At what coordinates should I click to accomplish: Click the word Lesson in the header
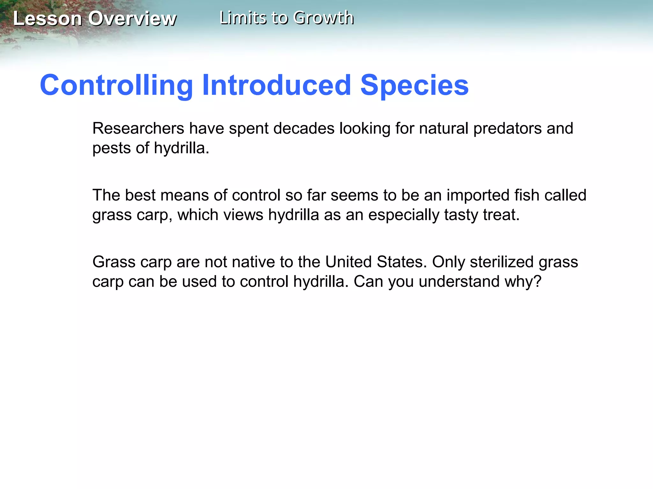tap(48, 18)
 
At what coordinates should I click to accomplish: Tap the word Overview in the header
tap(132, 18)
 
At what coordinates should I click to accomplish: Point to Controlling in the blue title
tap(116, 85)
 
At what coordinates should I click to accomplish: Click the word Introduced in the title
tap(277, 85)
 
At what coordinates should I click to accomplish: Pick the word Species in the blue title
tap(415, 85)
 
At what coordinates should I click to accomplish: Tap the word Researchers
tap(138, 129)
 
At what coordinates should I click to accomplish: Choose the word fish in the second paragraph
tap(527, 195)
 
